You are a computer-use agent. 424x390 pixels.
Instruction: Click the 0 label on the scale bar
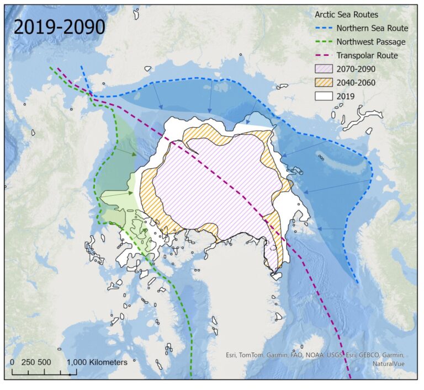[x=13, y=362]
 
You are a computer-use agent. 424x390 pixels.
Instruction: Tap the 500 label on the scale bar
[x=45, y=362]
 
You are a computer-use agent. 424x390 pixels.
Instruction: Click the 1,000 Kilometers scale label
[x=97, y=362]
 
